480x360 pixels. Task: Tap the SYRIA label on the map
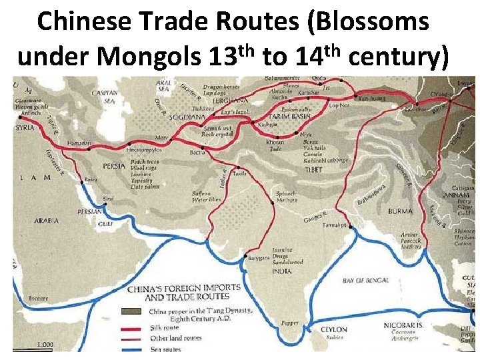coord(25,127)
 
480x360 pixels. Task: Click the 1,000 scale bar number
coord(45,345)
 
